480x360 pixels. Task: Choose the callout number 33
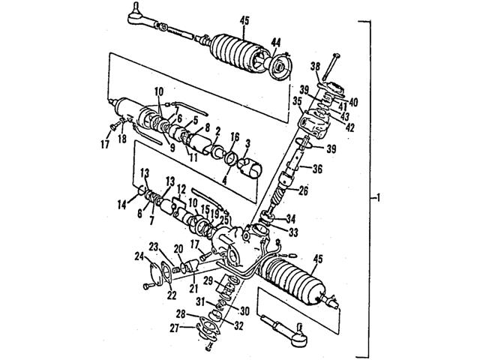coord(293,232)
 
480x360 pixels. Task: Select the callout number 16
coord(234,138)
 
